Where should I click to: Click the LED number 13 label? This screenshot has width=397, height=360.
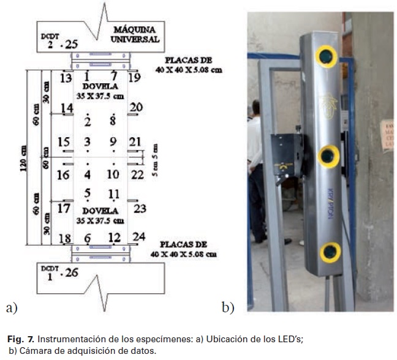point(66,78)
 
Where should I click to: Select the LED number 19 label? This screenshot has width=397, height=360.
point(134,77)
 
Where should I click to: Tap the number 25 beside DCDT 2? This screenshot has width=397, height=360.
point(72,44)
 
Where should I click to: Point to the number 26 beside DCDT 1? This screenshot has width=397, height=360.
point(71,272)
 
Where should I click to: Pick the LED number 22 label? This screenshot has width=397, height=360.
point(137,174)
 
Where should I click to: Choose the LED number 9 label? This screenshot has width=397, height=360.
point(112,142)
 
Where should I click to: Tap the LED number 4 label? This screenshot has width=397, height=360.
point(87,174)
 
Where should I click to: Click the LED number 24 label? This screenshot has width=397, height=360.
point(138,237)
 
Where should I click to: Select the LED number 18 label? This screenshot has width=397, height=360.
point(64,238)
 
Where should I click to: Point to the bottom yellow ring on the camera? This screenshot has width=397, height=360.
point(331,251)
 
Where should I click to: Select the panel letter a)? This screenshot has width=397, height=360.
point(10,308)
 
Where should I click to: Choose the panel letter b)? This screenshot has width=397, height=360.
point(228,308)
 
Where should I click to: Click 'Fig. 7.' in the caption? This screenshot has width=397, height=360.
point(18,339)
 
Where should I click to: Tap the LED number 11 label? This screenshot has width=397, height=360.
point(113,194)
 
